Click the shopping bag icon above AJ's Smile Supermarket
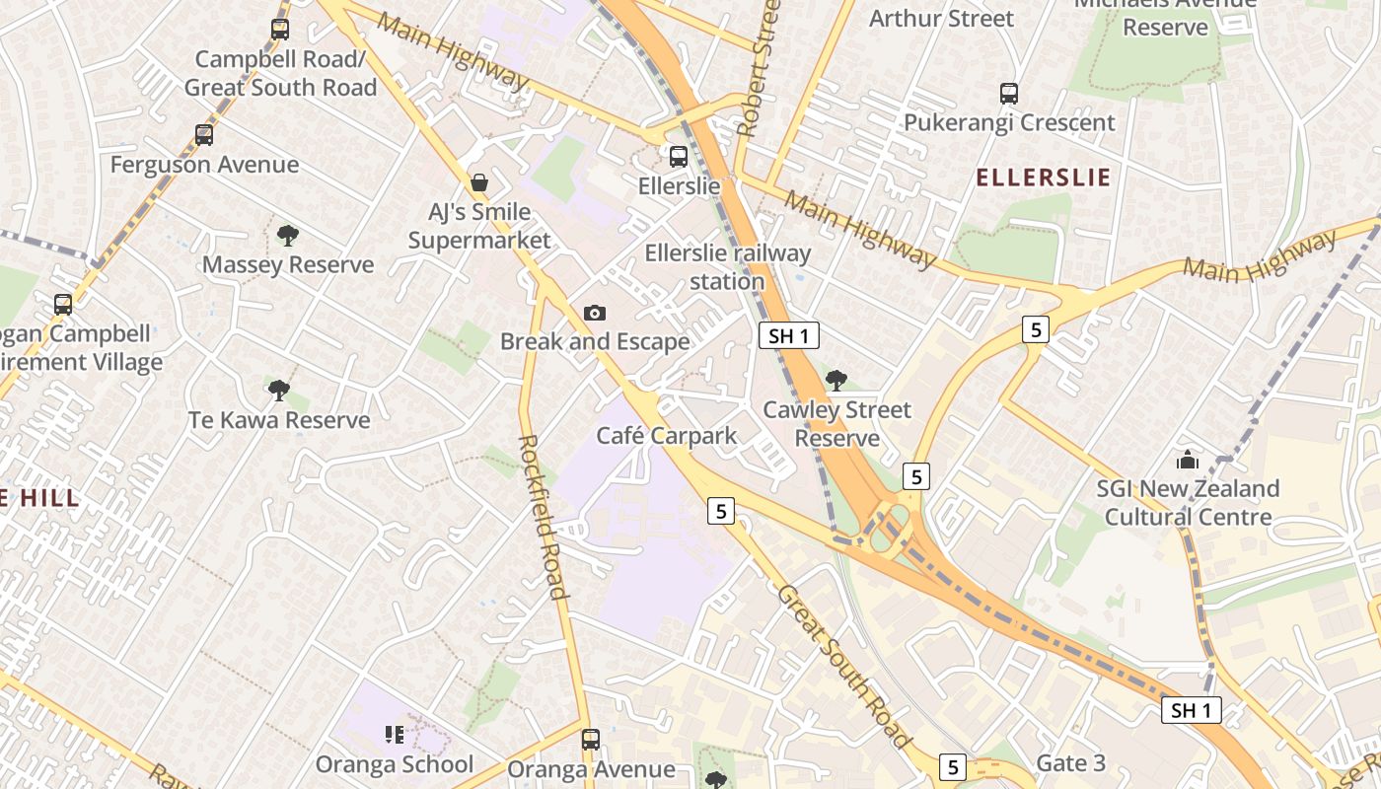click(x=478, y=182)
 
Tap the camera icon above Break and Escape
click(x=594, y=313)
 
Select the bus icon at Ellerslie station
click(x=678, y=156)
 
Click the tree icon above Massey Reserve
click(x=287, y=235)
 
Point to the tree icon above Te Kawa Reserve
click(x=279, y=391)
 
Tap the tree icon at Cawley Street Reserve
click(x=836, y=380)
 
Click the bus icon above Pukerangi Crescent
click(x=1008, y=94)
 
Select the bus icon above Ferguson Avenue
click(x=204, y=135)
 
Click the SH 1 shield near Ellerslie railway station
click(x=789, y=335)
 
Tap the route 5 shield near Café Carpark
click(x=722, y=511)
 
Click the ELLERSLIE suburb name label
click(x=1043, y=178)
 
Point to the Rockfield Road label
click(x=543, y=516)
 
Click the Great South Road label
click(x=843, y=666)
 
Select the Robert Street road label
click(x=759, y=67)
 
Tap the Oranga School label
click(x=394, y=764)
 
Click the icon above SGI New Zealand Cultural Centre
click(x=1188, y=460)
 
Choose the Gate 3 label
click(x=1070, y=763)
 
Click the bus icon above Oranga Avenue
click(x=590, y=739)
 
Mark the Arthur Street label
click(x=941, y=18)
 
